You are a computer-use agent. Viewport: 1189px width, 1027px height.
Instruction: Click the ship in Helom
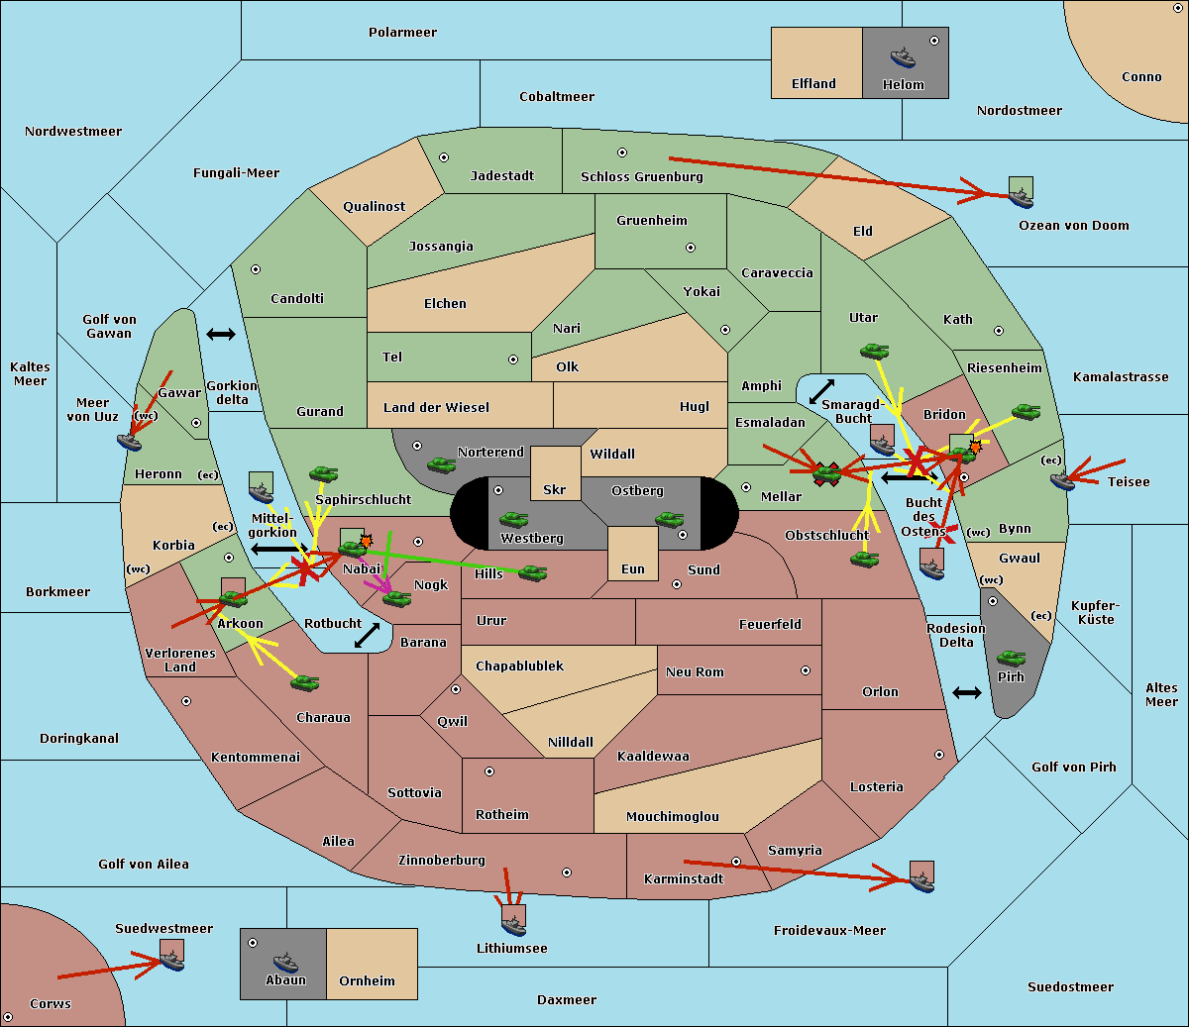[x=903, y=57]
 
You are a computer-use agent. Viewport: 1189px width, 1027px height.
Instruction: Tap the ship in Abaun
[x=285, y=963]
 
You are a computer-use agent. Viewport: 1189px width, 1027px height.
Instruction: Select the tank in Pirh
[x=1011, y=658]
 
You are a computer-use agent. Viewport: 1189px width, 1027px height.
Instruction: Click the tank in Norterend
[x=441, y=464]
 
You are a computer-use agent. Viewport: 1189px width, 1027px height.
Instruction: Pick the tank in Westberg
[x=513, y=519]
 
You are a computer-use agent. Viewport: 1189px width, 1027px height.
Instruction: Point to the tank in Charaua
[x=304, y=682]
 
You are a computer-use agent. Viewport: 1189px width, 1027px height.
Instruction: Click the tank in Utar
[x=874, y=351]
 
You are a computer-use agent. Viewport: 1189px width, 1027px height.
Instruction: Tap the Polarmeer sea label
[x=402, y=33]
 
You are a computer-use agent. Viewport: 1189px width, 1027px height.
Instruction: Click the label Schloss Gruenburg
[x=642, y=176]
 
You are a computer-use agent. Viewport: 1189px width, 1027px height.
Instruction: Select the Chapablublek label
[x=519, y=666]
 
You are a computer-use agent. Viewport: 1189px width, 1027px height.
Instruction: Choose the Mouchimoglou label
[x=673, y=816]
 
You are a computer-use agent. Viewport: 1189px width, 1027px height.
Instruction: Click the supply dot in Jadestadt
[x=444, y=157]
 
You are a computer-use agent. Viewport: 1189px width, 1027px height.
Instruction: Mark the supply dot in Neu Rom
[x=806, y=670]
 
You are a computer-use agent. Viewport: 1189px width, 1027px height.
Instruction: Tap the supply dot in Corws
[x=8, y=1017]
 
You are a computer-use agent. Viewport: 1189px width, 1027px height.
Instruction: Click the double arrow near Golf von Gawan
[x=221, y=334]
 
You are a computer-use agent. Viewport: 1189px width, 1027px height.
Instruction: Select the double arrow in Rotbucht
[x=367, y=635]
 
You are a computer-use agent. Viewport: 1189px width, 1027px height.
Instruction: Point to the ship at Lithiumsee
[x=513, y=925]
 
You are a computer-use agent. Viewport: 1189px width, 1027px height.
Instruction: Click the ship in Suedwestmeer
[x=172, y=961]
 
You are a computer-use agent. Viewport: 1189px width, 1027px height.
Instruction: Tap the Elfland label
[x=813, y=84]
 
